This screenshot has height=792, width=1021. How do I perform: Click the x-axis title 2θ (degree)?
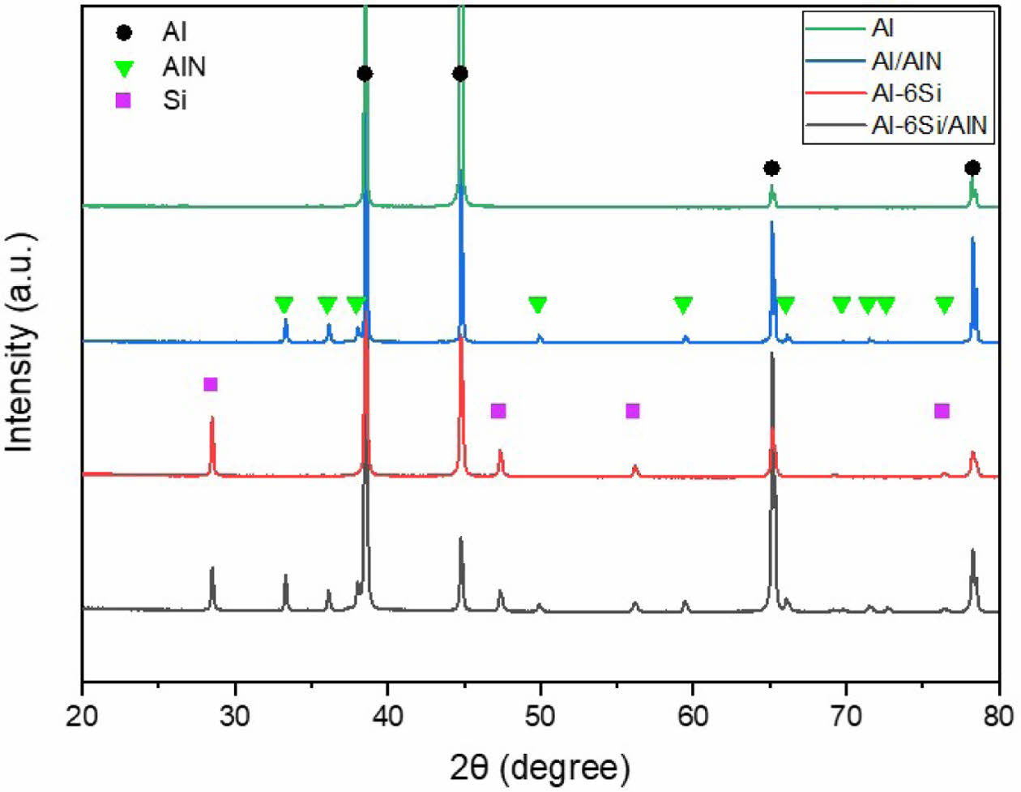coord(540,764)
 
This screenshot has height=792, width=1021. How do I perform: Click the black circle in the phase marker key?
coord(123,33)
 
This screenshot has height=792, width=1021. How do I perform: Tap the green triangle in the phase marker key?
coord(123,67)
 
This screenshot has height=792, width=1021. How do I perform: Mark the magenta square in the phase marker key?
coord(123,101)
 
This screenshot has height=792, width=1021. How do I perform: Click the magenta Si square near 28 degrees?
coord(211,384)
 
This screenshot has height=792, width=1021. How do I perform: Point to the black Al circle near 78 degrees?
coord(972,168)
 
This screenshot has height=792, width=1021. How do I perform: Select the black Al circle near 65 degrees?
coord(771,168)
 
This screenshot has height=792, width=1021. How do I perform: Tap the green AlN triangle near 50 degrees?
coord(537,304)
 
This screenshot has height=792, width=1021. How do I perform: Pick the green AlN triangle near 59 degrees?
coord(683,304)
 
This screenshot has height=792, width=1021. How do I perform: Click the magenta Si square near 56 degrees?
coord(633,411)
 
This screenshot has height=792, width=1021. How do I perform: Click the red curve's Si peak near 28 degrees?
coord(212,419)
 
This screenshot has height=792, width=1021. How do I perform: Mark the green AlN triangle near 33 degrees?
coord(284,304)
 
